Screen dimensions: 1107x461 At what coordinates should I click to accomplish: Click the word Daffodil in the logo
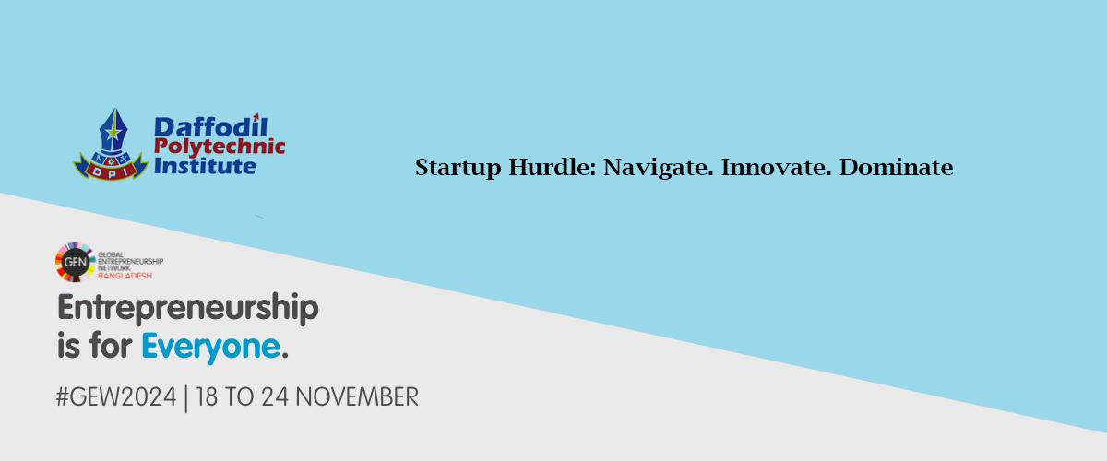(211, 126)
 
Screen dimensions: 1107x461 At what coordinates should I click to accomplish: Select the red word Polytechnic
(220, 147)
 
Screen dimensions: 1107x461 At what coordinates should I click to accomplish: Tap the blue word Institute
(205, 166)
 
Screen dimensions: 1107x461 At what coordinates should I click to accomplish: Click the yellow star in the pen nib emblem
(113, 132)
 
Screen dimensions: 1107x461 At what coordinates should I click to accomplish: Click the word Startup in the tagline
(458, 168)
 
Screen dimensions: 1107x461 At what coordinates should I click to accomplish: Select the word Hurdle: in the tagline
(553, 167)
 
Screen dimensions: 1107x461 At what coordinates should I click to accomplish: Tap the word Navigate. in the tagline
(659, 168)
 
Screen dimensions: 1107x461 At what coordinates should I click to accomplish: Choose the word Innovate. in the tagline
(777, 167)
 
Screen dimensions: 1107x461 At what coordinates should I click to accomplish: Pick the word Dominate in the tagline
(897, 167)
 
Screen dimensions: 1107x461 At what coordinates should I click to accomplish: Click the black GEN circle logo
(75, 262)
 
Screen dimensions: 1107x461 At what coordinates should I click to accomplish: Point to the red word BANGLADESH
(125, 276)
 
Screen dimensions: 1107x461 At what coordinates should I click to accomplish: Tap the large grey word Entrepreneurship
(188, 308)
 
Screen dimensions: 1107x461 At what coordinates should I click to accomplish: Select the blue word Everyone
(211, 347)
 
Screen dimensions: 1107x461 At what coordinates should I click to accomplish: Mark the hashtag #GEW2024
(116, 396)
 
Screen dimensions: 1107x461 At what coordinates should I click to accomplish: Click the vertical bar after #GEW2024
(185, 398)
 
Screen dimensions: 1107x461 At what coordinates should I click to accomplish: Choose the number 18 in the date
(207, 396)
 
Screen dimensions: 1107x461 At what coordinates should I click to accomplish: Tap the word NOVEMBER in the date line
(357, 396)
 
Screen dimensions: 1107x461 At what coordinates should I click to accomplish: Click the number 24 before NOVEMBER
(275, 396)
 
